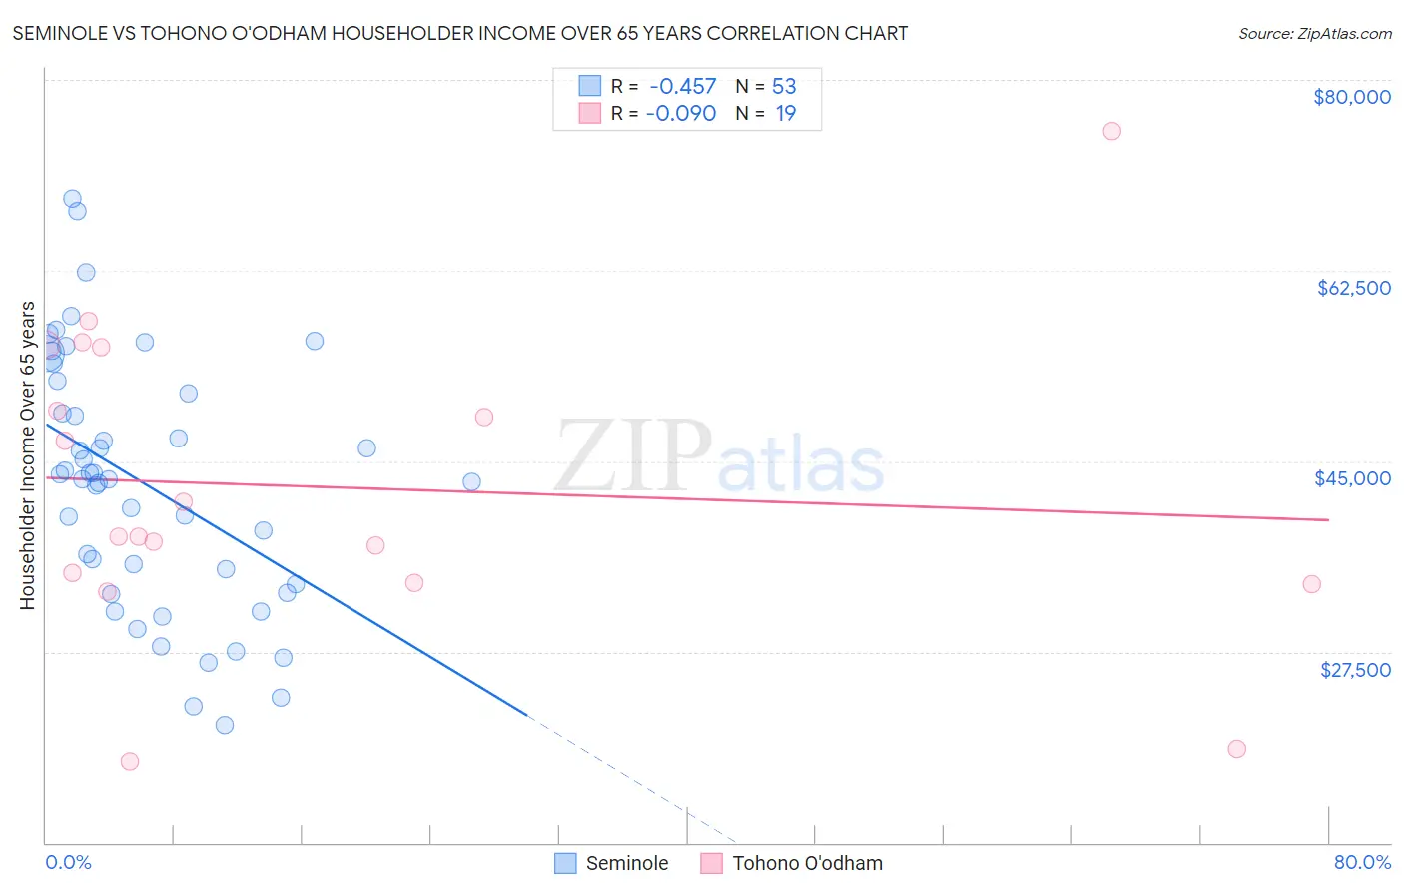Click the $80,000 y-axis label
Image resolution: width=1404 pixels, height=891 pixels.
coord(1351,97)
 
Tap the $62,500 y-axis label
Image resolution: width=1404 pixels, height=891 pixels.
coord(1353,288)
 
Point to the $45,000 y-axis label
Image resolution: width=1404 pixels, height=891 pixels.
coord(1352,478)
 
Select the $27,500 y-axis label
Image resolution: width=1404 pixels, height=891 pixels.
coord(1355,670)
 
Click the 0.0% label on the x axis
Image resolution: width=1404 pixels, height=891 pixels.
coord(68,862)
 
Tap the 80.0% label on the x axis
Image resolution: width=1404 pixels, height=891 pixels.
coord(1362,862)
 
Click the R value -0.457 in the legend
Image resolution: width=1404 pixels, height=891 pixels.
coord(682,87)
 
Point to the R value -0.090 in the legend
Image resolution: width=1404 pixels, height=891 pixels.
coord(681,114)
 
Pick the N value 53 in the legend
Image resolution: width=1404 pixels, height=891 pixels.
coord(784,87)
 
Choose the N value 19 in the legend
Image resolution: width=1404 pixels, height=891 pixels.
coord(786,114)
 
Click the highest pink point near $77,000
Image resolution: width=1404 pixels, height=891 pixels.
coord(1111,131)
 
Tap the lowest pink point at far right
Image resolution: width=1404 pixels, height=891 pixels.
coord(1236,749)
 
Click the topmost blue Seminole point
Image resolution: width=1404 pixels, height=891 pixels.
coord(72,199)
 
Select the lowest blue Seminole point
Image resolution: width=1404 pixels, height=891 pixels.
coord(225,725)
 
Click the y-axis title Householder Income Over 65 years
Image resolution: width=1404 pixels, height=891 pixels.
coord(28,455)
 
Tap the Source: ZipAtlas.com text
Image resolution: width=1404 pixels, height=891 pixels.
coord(1314,34)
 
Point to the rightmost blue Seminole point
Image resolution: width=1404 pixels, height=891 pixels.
coord(471,482)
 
